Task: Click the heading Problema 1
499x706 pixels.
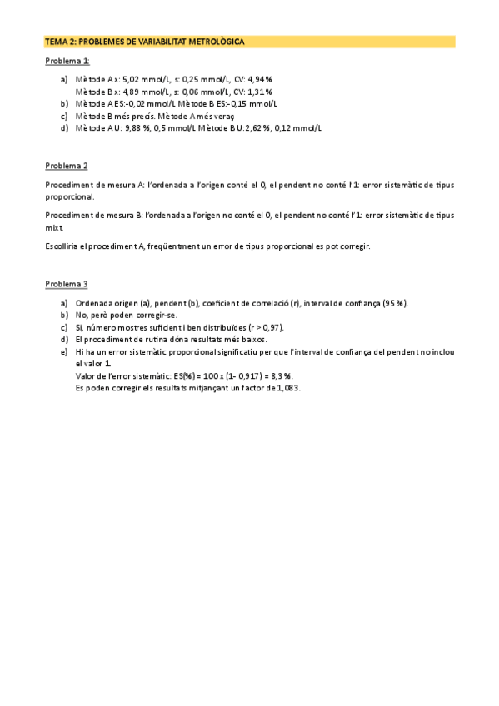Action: point(67,61)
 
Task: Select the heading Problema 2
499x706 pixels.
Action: point(67,166)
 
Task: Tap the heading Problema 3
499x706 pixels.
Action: point(67,284)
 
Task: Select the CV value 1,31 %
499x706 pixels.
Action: point(256,92)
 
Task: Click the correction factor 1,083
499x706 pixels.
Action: point(286,388)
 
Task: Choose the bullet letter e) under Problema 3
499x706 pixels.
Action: point(64,352)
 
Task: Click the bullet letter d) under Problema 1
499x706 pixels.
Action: point(64,128)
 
